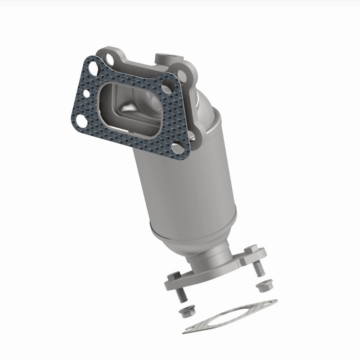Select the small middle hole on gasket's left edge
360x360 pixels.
point(86,94)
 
